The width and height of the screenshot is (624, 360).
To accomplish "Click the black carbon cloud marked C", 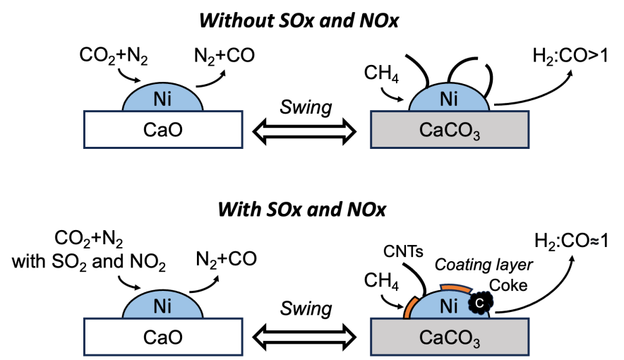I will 481,303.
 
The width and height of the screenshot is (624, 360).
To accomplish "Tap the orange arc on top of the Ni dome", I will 456,287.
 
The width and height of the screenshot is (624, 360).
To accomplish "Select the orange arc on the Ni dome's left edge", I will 409,308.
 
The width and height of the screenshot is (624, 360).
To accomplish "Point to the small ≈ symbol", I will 594,241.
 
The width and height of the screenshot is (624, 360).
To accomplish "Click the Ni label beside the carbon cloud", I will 449,307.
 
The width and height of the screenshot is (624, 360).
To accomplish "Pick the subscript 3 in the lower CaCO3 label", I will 476,344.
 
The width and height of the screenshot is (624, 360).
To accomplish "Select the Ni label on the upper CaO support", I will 162,100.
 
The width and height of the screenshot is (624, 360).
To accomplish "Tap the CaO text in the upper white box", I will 162,130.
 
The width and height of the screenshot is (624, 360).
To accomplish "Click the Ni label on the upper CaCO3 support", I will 449,100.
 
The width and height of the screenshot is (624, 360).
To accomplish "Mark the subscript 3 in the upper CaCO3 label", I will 476,136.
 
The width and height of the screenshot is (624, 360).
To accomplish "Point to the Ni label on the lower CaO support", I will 162,307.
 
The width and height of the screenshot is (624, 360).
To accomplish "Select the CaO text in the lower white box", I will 162,337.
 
